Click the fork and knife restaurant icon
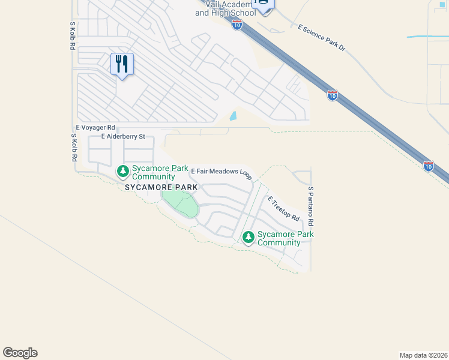pyautogui.click(x=122, y=64)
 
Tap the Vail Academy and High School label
pyautogui.click(x=226, y=8)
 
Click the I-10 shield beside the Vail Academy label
pyautogui.click(x=237, y=25)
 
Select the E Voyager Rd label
pyautogui.click(x=95, y=128)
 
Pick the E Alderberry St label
pyautogui.click(x=124, y=137)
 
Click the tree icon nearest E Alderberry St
pyautogui.click(x=123, y=172)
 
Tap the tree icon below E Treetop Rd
pyautogui.click(x=249, y=238)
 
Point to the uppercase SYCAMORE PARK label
pyautogui.click(x=161, y=188)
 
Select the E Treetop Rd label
pyautogui.click(x=283, y=209)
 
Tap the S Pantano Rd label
pyautogui.click(x=311, y=206)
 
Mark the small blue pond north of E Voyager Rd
pyautogui.click(x=233, y=116)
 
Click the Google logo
pyautogui.click(x=20, y=353)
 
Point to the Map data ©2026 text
pyautogui.click(x=424, y=355)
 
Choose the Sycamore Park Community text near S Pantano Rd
pyautogui.click(x=279, y=238)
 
